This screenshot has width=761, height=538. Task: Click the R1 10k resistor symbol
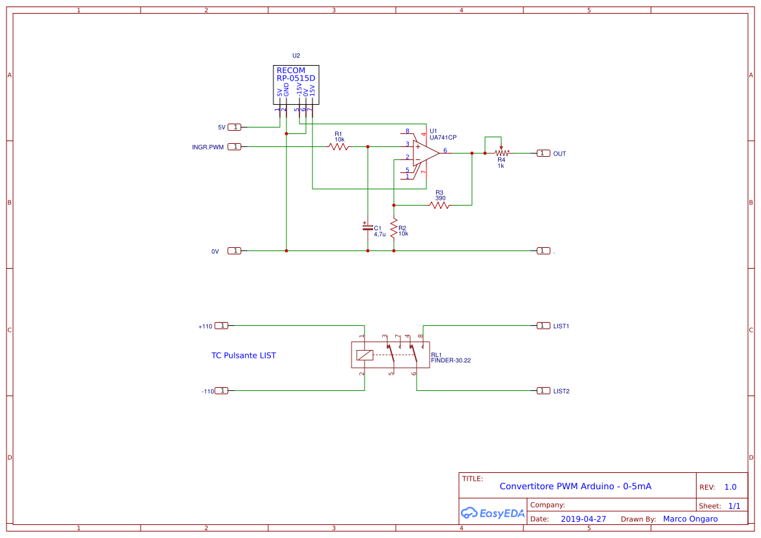[339, 147]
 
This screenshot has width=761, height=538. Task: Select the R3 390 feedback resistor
[439, 206]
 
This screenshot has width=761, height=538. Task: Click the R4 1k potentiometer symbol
[501, 154]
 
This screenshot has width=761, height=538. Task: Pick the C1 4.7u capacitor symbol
[367, 227]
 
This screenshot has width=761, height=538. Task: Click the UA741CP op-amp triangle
[425, 153]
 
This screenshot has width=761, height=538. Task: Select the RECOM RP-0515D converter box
[296, 85]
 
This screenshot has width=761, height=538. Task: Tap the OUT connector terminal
[543, 154]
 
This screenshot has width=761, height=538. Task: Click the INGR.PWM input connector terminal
[234, 147]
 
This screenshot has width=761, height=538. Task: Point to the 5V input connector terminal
[234, 128]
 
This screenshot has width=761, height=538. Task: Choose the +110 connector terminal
[221, 325]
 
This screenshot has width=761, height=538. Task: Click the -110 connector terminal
[221, 391]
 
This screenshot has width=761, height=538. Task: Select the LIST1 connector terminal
[543, 325]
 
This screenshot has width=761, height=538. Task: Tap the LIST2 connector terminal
[543, 391]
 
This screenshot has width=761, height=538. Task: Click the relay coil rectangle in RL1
[365, 355]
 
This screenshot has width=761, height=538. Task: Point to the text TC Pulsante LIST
[243, 356]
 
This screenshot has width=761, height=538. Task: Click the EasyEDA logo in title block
[492, 513]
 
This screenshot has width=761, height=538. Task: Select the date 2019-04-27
[583, 519]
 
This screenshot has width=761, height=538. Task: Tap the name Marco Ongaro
[690, 519]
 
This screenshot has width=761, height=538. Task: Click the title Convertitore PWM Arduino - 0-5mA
[575, 487]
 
